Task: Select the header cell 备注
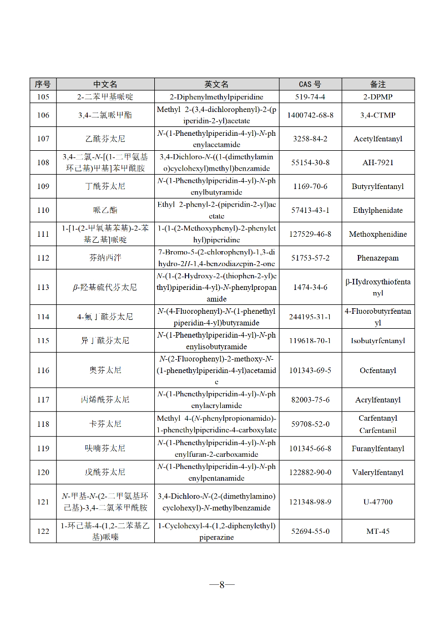click(x=377, y=84)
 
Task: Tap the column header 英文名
click(x=216, y=84)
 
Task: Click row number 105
click(x=43, y=96)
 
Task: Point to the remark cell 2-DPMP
click(x=377, y=96)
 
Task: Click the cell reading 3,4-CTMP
click(x=377, y=115)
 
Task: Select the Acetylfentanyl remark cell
click(x=377, y=139)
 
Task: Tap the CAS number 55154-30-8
click(x=310, y=162)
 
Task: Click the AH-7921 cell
click(x=377, y=162)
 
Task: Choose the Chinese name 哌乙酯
click(x=105, y=210)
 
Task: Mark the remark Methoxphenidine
click(x=377, y=234)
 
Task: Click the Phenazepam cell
click(x=377, y=258)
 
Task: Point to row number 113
click(x=43, y=287)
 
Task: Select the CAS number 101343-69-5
click(x=310, y=370)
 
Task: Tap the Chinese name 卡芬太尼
click(x=105, y=424)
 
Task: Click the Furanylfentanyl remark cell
click(x=377, y=448)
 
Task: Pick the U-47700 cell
click(x=377, y=502)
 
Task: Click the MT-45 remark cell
click(x=377, y=531)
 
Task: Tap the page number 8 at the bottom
click(x=222, y=584)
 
